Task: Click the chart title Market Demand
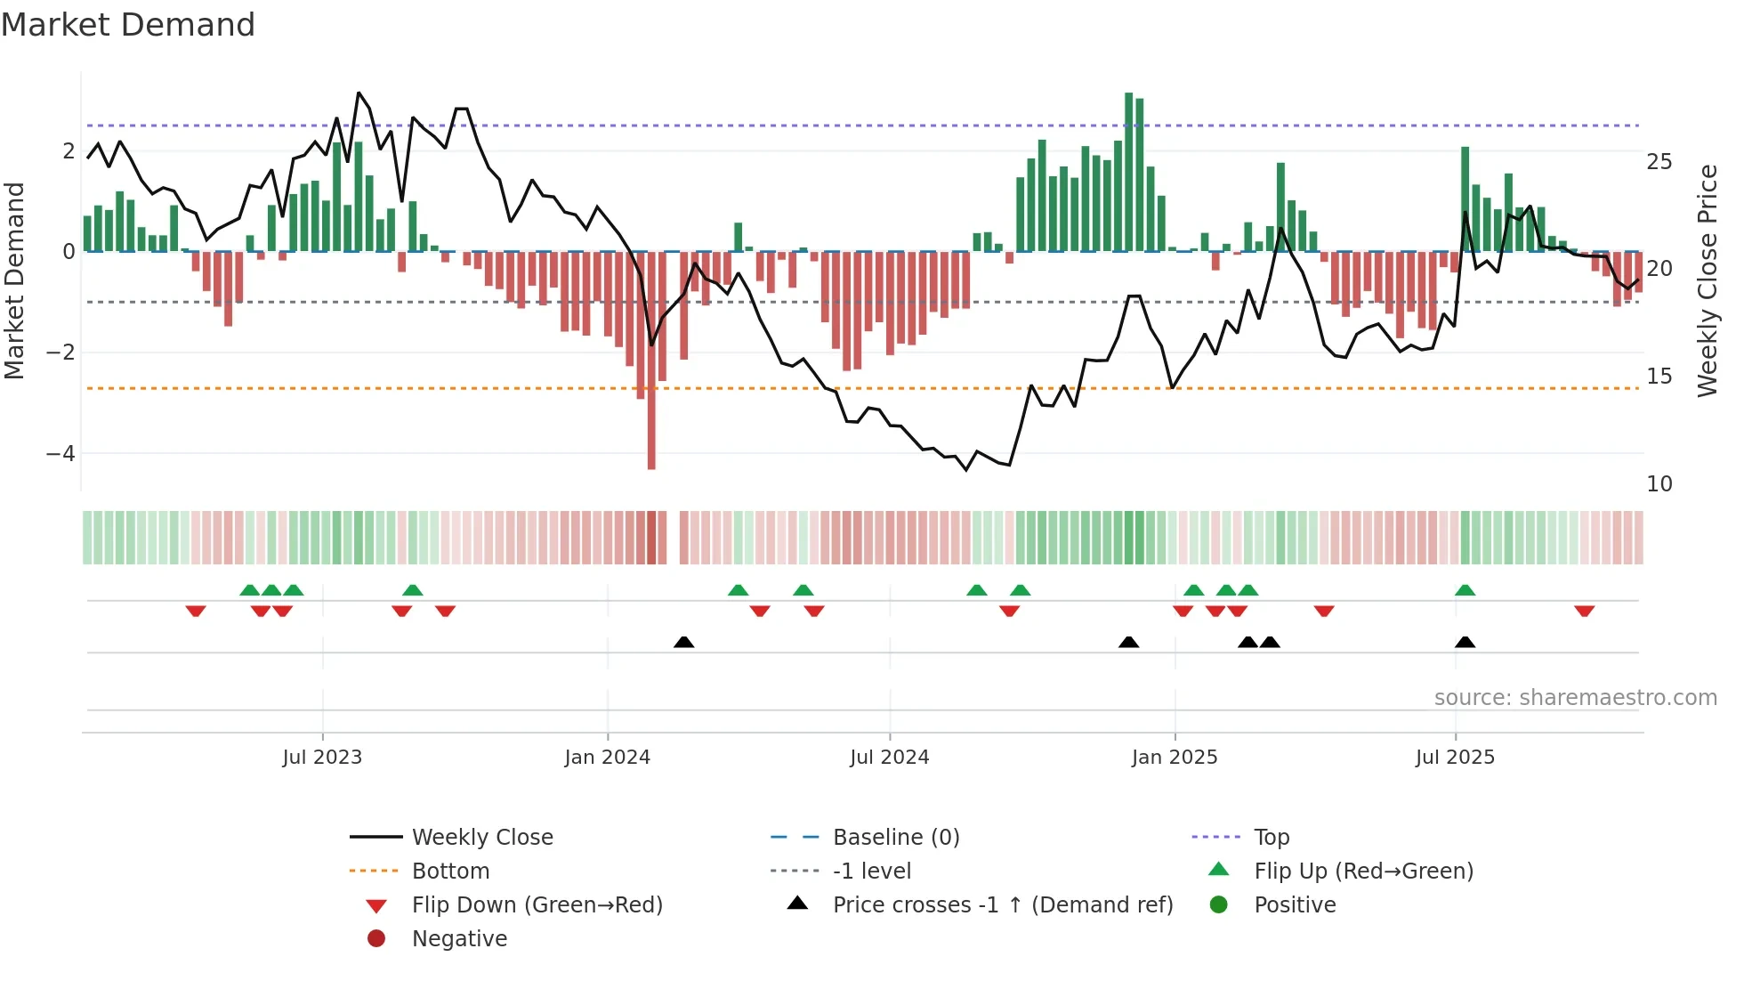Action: click(x=128, y=25)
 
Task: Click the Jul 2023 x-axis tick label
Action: click(x=322, y=758)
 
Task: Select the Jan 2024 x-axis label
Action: click(x=608, y=758)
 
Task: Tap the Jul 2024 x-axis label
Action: click(x=889, y=758)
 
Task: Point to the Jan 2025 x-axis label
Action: click(x=1175, y=758)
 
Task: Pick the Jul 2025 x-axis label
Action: click(x=1455, y=758)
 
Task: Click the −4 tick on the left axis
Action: click(x=61, y=454)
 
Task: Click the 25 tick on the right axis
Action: click(x=1659, y=162)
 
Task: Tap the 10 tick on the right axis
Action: click(x=1659, y=484)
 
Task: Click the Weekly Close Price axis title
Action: click(x=1707, y=280)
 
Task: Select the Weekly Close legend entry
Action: click(x=481, y=838)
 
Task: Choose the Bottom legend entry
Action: click(x=450, y=872)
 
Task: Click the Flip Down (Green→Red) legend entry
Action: click(x=537, y=905)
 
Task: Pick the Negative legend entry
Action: click(x=459, y=939)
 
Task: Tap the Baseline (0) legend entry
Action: click(x=895, y=838)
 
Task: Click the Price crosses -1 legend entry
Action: click(x=1002, y=905)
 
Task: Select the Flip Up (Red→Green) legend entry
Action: click(x=1363, y=872)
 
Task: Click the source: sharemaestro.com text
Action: click(x=1575, y=698)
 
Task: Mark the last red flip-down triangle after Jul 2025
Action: click(x=1584, y=611)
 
